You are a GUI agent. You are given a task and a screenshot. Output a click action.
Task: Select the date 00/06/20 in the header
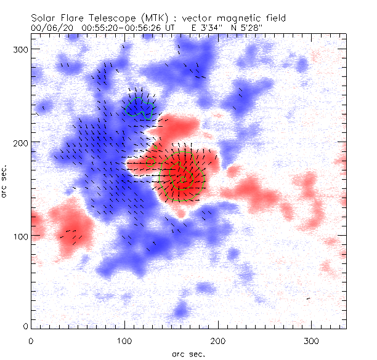(x=49, y=28)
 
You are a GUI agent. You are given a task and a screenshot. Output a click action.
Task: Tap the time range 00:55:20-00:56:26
(x=120, y=28)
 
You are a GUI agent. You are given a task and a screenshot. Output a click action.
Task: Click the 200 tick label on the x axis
(x=218, y=340)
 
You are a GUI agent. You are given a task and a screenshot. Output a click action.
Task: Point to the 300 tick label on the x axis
(x=312, y=340)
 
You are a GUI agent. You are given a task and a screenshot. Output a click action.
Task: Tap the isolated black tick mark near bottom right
(x=308, y=298)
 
